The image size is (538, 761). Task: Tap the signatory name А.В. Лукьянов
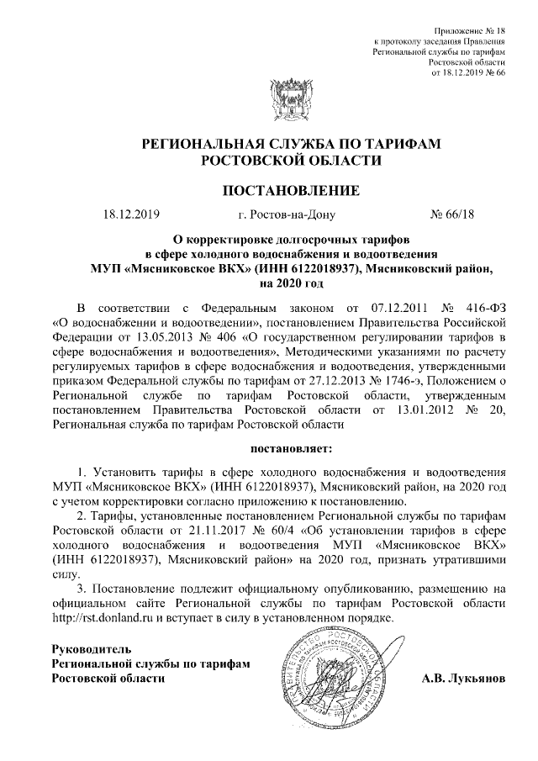pos(463,678)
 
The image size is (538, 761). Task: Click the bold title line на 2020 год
pos(269,283)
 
